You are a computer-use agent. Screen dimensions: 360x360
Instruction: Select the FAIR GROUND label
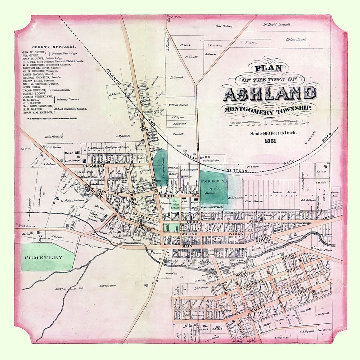tap(214, 181)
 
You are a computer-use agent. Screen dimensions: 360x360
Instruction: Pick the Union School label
tap(175, 206)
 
